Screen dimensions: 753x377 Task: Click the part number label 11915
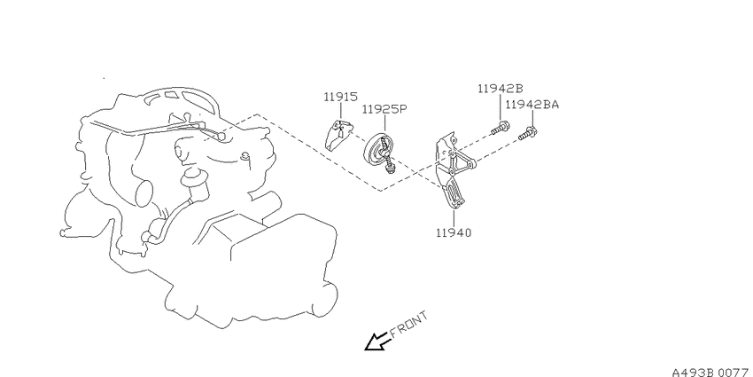pos(340,97)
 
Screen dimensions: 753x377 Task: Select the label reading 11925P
pos(384,110)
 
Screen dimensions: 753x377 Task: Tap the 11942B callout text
pos(500,89)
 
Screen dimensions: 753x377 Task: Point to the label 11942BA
pos(532,105)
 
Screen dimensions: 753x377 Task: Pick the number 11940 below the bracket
pos(454,232)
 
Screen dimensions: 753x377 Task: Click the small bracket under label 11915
pos(338,135)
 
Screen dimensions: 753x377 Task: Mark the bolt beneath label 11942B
pos(500,129)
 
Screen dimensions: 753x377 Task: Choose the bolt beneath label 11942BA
pos(527,133)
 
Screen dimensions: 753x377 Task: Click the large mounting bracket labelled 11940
pos(452,170)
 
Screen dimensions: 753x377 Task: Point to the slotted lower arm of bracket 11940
pos(452,192)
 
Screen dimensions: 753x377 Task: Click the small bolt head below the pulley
pos(392,168)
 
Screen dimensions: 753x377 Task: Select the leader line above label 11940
pos(454,218)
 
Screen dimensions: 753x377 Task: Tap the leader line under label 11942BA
pos(532,118)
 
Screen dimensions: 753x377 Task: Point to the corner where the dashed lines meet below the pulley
pos(380,191)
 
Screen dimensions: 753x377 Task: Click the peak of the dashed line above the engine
pos(258,114)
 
